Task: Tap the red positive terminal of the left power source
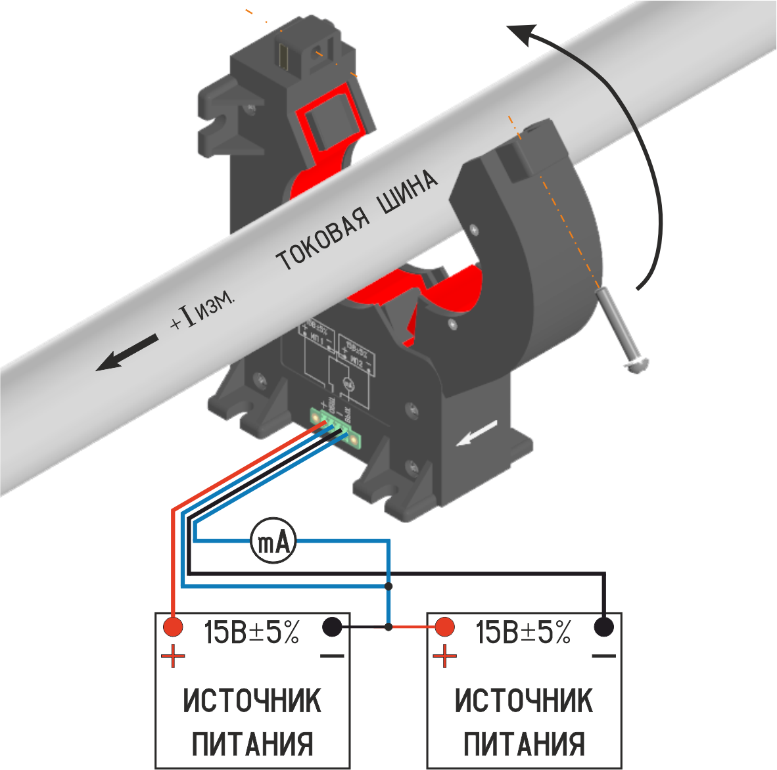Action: (x=173, y=627)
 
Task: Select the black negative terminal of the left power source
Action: (x=333, y=627)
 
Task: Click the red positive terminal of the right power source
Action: (x=445, y=627)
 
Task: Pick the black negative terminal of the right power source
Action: (x=604, y=627)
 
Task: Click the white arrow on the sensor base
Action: (x=477, y=434)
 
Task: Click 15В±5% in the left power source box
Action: (x=252, y=633)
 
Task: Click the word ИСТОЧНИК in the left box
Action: (x=252, y=701)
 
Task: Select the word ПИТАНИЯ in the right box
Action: (x=524, y=744)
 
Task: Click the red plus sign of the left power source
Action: (x=174, y=656)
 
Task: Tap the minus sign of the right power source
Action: (x=603, y=656)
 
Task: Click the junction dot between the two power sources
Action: (x=388, y=627)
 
